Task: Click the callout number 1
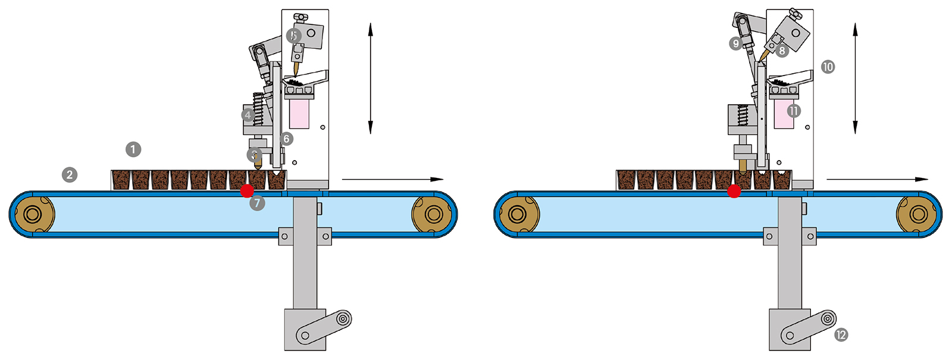tap(133, 149)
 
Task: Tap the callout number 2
tap(70, 174)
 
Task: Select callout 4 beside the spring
tap(248, 115)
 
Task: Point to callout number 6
tap(286, 139)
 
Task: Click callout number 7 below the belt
tap(257, 203)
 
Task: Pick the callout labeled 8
tap(782, 51)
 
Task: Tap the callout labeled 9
tap(736, 43)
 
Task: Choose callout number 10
tap(828, 67)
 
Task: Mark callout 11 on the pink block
tap(793, 111)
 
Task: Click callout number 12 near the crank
tap(841, 335)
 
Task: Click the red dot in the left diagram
tap(247, 191)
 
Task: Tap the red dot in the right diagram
tap(734, 191)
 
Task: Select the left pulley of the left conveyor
tap(32, 214)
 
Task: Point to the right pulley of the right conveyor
tap(918, 214)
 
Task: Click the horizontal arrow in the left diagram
tap(393, 179)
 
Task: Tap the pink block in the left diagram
tap(299, 114)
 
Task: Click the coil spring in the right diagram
tap(743, 115)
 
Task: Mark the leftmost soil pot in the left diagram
tap(121, 180)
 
